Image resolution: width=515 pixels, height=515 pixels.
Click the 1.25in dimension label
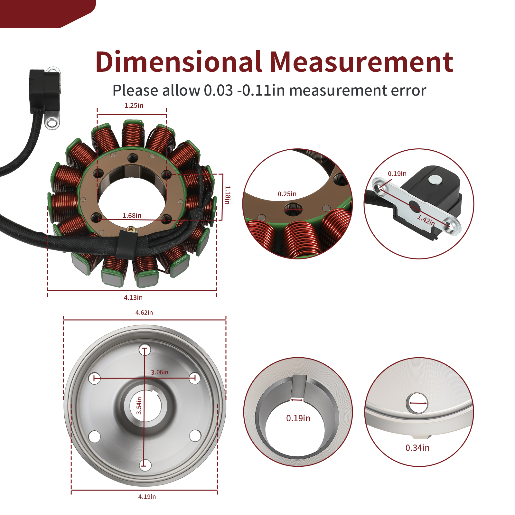[134, 106]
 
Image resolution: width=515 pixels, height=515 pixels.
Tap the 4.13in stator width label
[133, 298]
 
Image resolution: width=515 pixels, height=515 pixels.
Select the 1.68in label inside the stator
[132, 216]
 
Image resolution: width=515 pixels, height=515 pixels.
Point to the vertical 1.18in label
[228, 195]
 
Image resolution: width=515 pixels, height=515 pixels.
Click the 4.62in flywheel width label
[144, 313]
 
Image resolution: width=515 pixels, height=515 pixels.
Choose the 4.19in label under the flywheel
[147, 497]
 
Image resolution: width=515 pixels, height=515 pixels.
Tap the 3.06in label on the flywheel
[160, 372]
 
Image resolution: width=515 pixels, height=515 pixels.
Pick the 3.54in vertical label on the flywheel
[139, 406]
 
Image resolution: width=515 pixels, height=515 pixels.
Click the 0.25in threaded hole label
[287, 194]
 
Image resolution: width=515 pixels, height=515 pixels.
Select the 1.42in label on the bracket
[426, 220]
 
